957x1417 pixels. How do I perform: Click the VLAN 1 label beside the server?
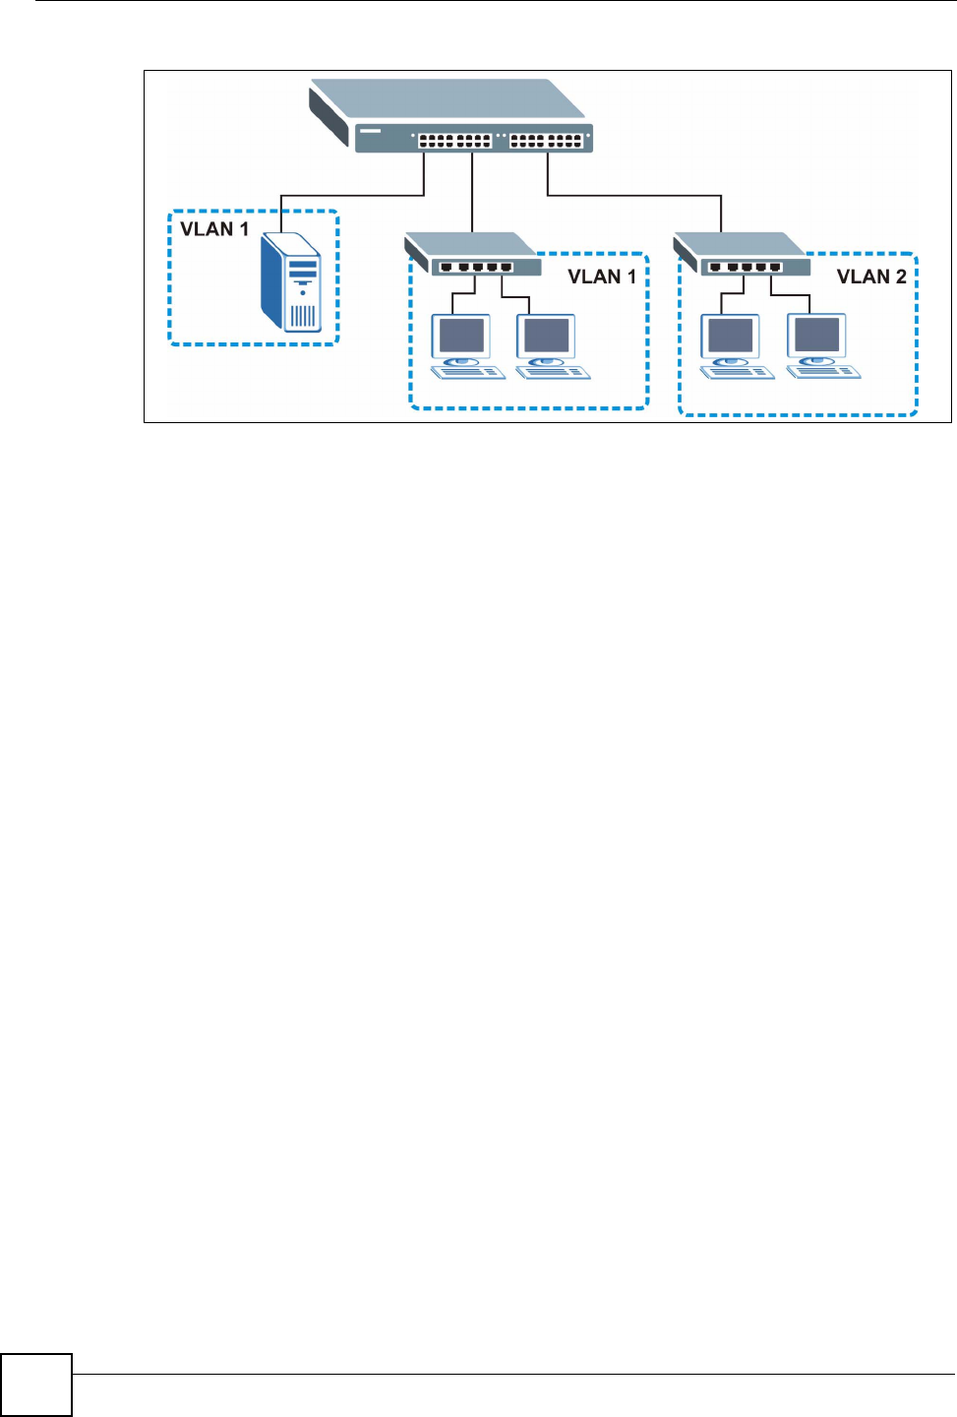click(x=214, y=229)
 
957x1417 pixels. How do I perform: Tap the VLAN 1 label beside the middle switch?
click(x=602, y=277)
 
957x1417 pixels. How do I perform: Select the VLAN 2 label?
click(x=871, y=277)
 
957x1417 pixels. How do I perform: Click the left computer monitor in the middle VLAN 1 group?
click(x=461, y=336)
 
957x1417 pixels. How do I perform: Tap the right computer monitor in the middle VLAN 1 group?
click(x=547, y=336)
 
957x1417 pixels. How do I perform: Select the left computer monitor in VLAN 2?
click(x=731, y=336)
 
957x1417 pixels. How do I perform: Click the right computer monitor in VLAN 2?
click(x=816, y=336)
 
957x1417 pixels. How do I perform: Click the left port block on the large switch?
click(x=454, y=141)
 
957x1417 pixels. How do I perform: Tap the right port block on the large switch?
click(x=546, y=141)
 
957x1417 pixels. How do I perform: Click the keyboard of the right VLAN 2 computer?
click(x=824, y=372)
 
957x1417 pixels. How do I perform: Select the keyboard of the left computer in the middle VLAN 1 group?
click(x=469, y=372)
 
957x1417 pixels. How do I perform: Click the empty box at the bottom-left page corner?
click(x=36, y=1385)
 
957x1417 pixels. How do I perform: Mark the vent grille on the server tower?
click(x=303, y=316)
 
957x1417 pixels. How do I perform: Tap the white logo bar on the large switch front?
click(x=370, y=130)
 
